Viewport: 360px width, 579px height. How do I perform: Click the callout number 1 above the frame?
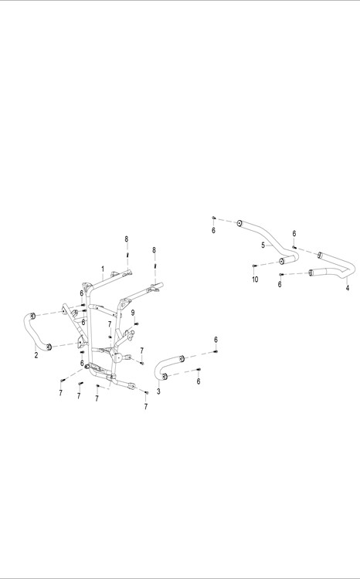pos(103,269)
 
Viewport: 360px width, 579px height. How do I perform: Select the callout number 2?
pos(36,356)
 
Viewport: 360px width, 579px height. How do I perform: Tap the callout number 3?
pos(158,391)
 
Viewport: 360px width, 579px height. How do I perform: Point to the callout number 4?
pos(348,288)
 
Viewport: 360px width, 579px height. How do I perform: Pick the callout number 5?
pos(263,245)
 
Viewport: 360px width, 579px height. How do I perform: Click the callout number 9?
pos(133,313)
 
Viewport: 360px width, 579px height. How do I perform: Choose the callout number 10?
pos(255,279)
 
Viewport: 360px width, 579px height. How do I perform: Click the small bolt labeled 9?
pos(136,323)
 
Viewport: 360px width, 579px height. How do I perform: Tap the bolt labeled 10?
pos(254,266)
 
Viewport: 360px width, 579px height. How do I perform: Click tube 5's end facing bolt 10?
pos(282,262)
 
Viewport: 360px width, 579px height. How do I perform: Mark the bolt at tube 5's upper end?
pos(213,218)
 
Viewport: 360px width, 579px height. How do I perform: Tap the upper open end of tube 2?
pos(33,315)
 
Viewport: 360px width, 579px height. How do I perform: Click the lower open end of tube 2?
pos(49,347)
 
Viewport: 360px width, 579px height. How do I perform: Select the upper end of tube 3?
pos(182,357)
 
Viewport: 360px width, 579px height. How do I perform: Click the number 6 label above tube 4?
pos(294,233)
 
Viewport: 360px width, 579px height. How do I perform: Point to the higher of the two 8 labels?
pos(127,239)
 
